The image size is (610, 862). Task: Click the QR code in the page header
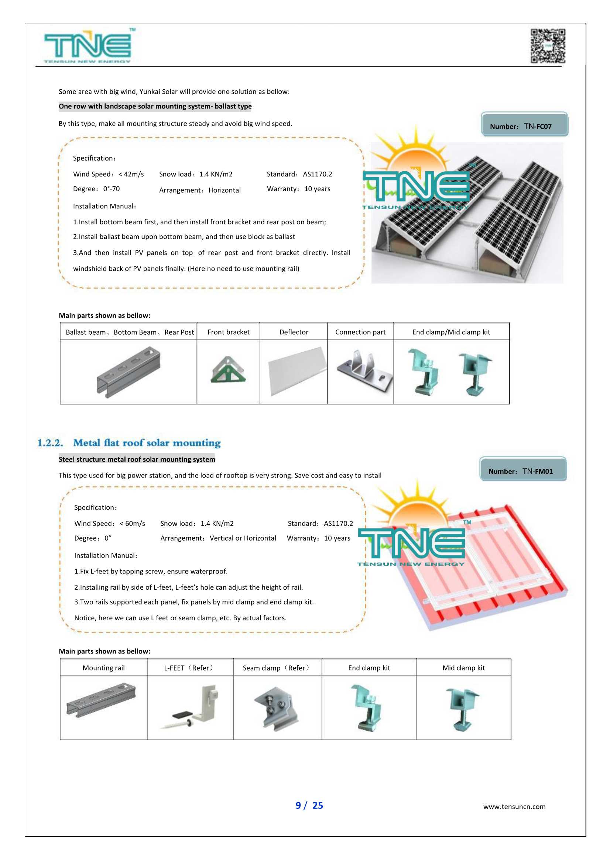click(548, 46)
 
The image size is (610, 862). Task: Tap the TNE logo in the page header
click(88, 46)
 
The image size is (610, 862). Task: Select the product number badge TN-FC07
click(524, 125)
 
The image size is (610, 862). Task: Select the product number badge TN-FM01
click(523, 470)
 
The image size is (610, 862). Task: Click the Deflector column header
click(294, 332)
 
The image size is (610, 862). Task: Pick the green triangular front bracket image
click(228, 370)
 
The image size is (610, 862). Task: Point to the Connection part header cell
click(360, 332)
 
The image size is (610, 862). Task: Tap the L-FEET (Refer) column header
click(190, 668)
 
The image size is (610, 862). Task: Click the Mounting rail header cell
click(103, 668)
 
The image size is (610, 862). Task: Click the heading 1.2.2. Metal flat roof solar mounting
click(129, 443)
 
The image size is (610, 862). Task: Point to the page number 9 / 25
click(309, 805)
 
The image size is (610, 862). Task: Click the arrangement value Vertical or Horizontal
click(243, 538)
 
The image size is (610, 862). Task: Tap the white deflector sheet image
click(296, 371)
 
